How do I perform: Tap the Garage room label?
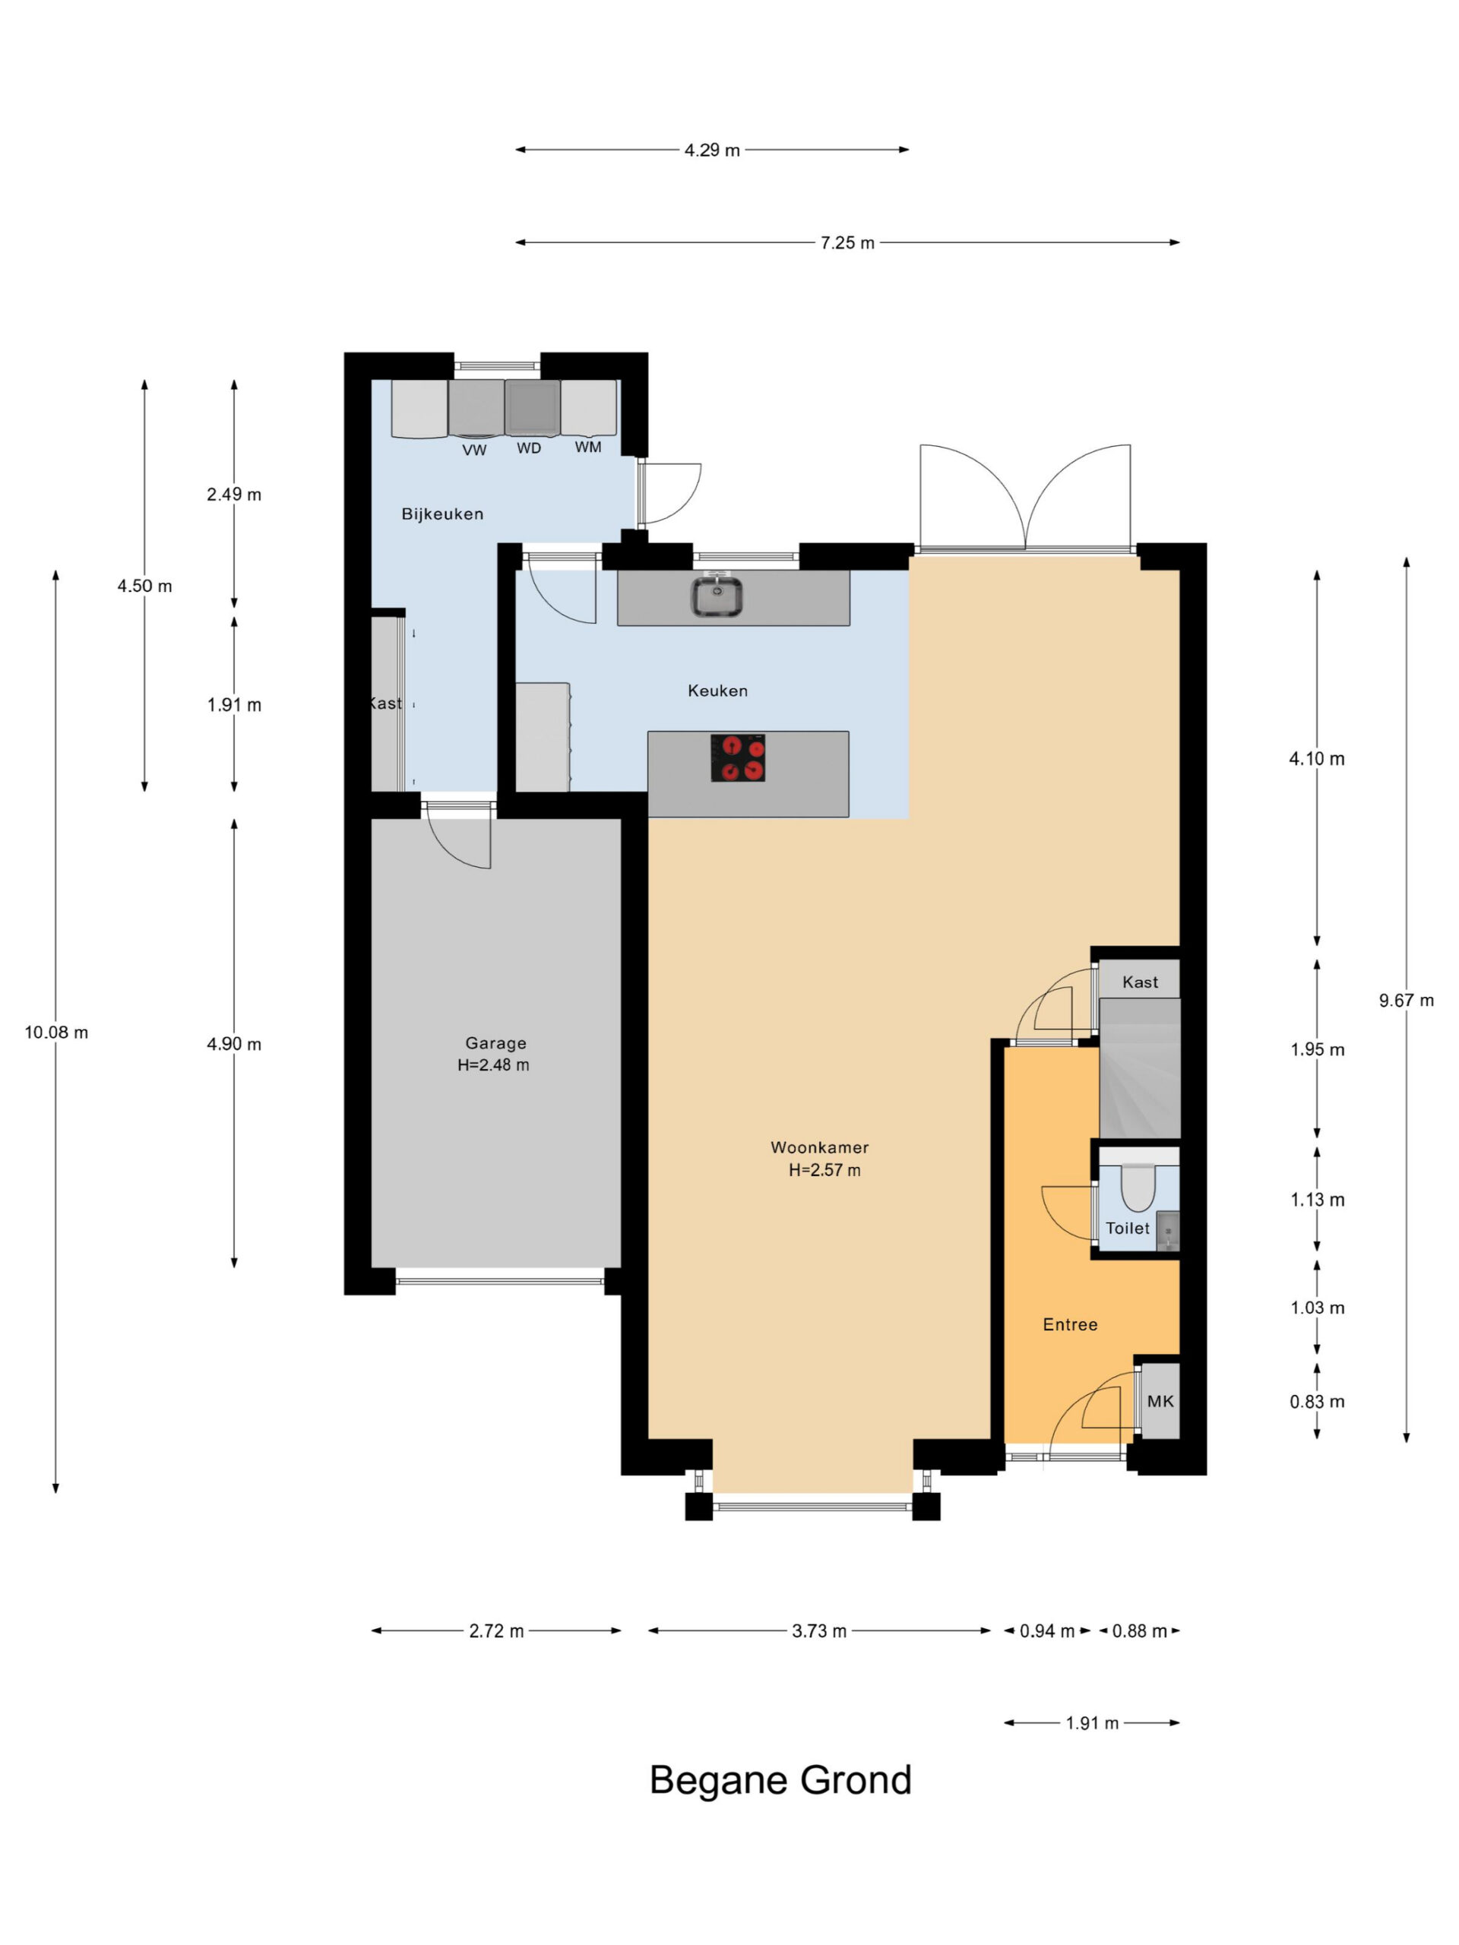tap(495, 1043)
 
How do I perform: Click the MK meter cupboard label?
tap(1160, 1401)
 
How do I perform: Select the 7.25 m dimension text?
tap(848, 242)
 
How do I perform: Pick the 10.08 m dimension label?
tap(56, 1033)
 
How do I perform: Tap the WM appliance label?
tap(588, 447)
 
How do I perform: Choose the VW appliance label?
tap(474, 451)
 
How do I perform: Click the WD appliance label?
tap(529, 448)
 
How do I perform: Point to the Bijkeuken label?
tap(442, 514)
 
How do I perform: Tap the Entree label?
tap(1070, 1324)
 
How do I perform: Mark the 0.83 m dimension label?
tap(1318, 1402)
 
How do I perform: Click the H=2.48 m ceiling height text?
tap(493, 1065)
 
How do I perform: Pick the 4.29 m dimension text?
tap(712, 150)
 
